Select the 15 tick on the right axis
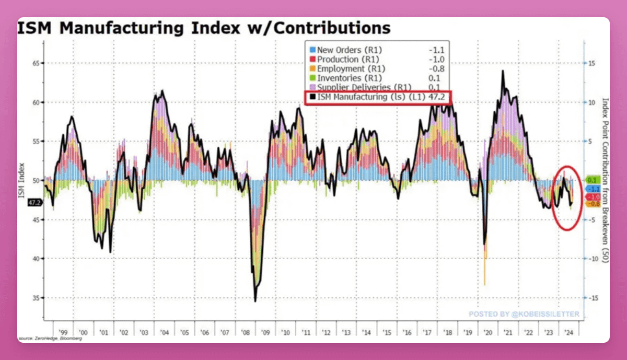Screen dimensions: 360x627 [591, 63]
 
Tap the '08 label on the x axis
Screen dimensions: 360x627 [245, 332]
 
